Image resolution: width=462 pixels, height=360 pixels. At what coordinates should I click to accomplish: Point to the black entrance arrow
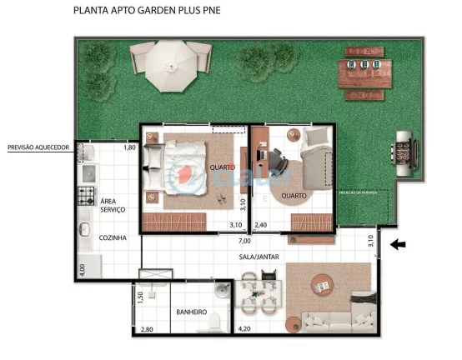click(x=399, y=244)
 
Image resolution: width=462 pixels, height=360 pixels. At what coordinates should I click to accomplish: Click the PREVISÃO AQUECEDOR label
click(x=37, y=147)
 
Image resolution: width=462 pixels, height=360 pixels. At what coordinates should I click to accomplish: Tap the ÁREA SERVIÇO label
click(x=113, y=206)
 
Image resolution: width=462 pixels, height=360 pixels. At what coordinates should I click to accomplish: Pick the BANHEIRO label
click(x=191, y=312)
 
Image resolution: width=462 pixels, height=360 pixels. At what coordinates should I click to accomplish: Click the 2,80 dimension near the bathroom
click(x=148, y=330)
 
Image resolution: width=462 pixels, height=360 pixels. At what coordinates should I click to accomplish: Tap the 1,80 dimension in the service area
click(x=129, y=147)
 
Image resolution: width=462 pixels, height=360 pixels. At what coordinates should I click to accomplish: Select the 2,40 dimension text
click(x=261, y=225)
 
